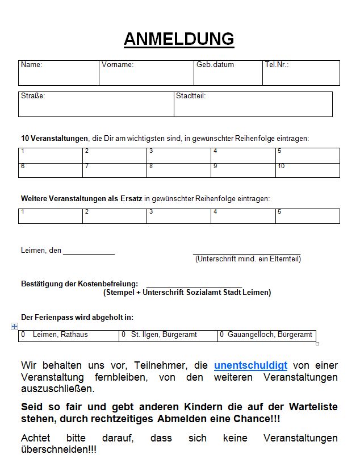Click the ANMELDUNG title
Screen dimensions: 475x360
point(179,39)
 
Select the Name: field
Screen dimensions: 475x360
point(58,73)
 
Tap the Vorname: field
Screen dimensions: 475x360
point(146,73)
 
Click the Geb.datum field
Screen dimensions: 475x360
point(228,73)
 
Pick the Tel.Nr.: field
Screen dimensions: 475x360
point(301,73)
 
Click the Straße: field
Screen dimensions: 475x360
point(96,105)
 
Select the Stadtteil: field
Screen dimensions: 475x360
point(253,105)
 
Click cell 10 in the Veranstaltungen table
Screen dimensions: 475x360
point(307,170)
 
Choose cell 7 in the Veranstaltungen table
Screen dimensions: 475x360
point(114,170)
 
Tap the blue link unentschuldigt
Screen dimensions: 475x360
point(250,365)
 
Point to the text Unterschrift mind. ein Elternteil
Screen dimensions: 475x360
point(248,259)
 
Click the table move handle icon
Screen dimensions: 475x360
point(15,327)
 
